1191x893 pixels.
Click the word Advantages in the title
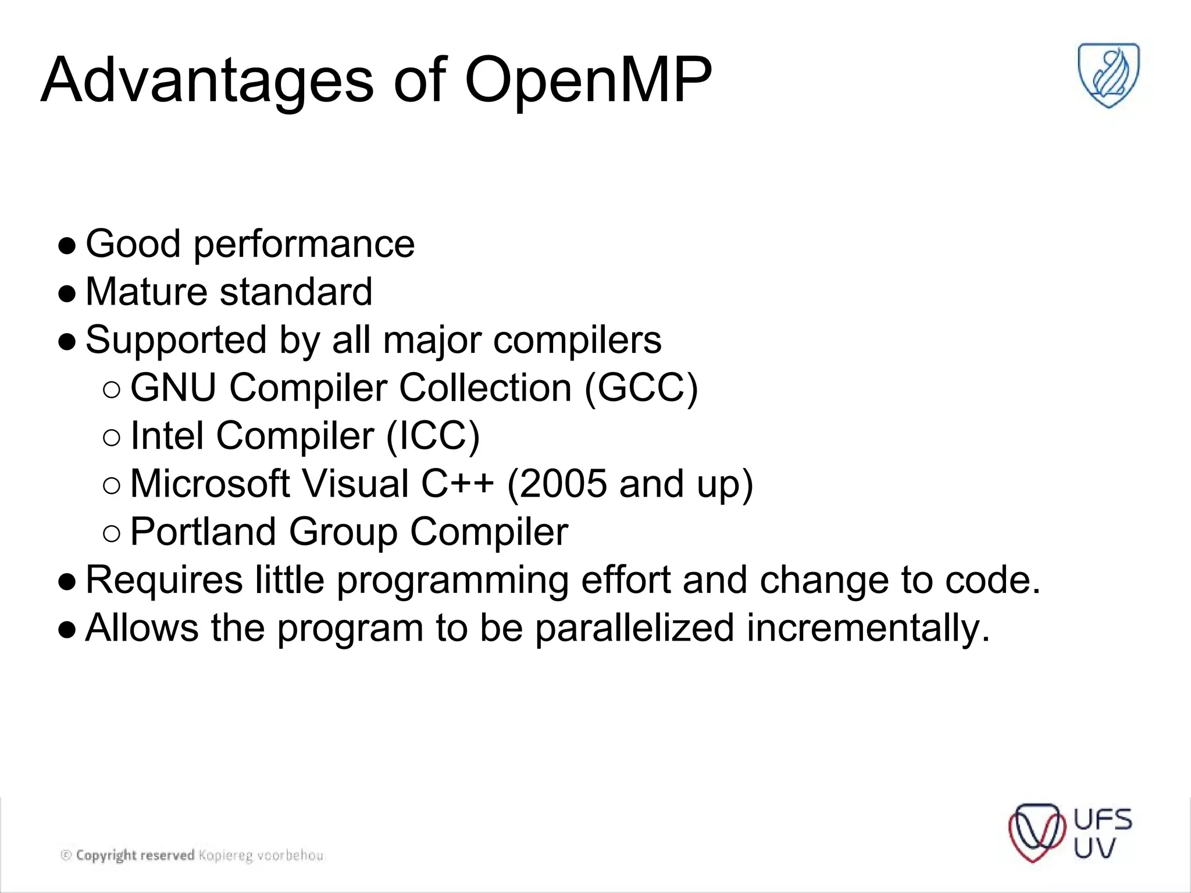pos(207,81)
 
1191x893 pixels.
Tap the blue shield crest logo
pos(1108,75)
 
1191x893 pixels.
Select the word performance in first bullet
pos(304,244)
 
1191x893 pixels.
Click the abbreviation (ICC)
pos(433,436)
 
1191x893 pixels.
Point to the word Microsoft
pos(209,484)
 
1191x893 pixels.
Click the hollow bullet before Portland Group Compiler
pos(112,533)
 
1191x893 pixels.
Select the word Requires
pos(164,580)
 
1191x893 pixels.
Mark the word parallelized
pos(634,628)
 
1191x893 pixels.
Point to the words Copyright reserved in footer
pos(135,855)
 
